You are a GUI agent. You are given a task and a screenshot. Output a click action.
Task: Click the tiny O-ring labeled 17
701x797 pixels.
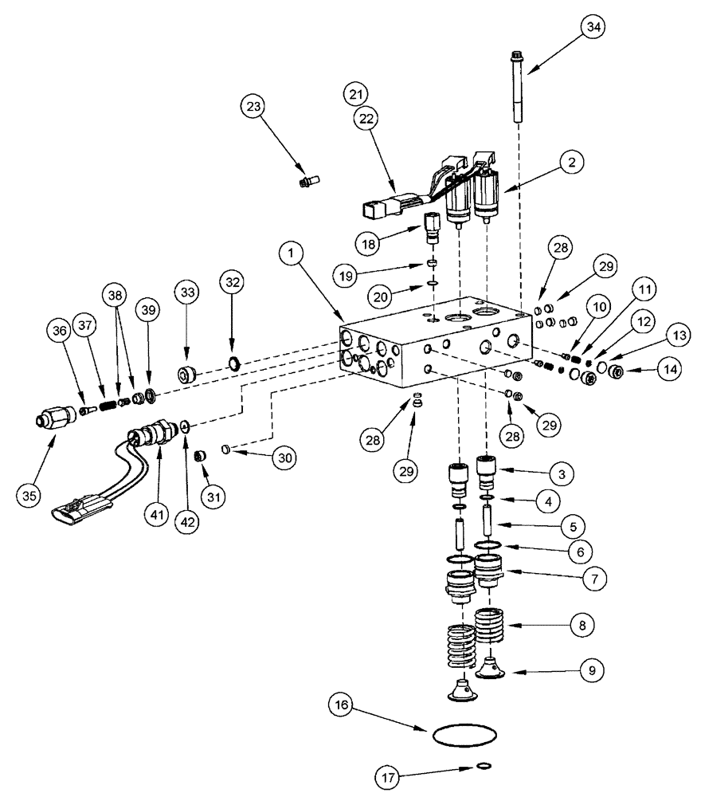[483, 766]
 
